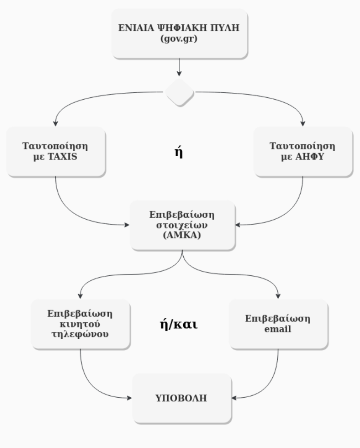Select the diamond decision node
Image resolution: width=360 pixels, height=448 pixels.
click(x=180, y=92)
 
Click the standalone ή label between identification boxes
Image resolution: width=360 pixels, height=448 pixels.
click(x=179, y=152)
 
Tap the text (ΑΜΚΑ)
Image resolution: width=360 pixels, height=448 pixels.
click(x=182, y=237)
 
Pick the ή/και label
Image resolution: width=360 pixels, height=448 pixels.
click(x=178, y=324)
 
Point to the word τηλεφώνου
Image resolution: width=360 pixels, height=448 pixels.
click(x=80, y=334)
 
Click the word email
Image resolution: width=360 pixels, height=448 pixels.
click(x=278, y=329)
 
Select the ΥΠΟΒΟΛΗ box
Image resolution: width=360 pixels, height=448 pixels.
click(x=182, y=398)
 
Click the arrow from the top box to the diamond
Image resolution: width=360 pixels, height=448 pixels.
click(x=179, y=67)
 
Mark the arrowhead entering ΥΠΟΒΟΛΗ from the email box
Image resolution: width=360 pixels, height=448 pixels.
click(x=234, y=398)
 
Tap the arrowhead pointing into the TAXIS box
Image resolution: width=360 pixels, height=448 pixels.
click(x=56, y=123)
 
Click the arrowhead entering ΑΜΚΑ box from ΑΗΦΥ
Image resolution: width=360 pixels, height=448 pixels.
click(x=238, y=225)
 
